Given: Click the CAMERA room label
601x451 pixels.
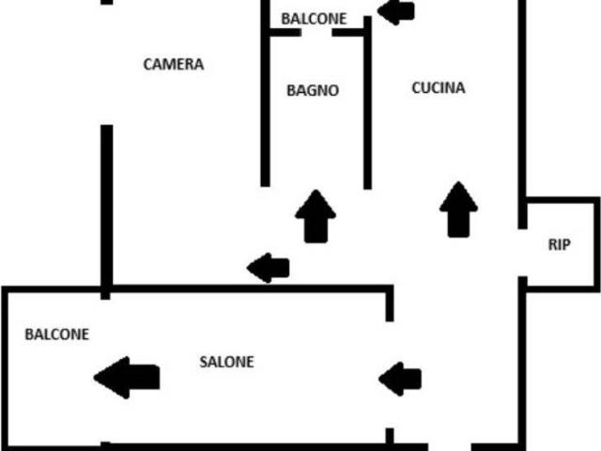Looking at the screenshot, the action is click(173, 64).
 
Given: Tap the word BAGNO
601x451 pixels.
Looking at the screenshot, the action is click(313, 90).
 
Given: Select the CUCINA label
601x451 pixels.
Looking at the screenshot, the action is click(439, 87).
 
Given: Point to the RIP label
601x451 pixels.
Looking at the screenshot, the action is click(560, 244).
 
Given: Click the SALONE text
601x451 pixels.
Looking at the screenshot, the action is click(226, 362).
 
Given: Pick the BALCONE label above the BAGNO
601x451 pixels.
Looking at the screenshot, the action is click(314, 19).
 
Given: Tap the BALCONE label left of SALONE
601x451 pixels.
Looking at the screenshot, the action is click(56, 334).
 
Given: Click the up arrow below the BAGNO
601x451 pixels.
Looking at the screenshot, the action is click(316, 216).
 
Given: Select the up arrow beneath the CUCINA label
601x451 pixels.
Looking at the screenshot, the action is click(458, 210).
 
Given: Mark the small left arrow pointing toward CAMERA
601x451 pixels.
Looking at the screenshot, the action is click(268, 268).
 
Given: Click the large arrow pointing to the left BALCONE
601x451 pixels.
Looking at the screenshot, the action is click(127, 378).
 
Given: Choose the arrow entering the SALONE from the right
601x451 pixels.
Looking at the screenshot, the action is click(400, 379).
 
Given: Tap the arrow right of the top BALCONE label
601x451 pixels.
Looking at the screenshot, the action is click(396, 10).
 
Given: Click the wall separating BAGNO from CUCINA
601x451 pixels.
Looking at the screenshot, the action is click(367, 102).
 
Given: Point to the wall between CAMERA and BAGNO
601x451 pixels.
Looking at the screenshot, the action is click(265, 93).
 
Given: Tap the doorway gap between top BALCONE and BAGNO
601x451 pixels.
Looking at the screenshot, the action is click(316, 33).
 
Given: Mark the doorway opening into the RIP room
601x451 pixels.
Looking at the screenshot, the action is click(522, 253).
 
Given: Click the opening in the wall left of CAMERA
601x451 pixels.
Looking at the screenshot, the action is click(107, 65).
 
